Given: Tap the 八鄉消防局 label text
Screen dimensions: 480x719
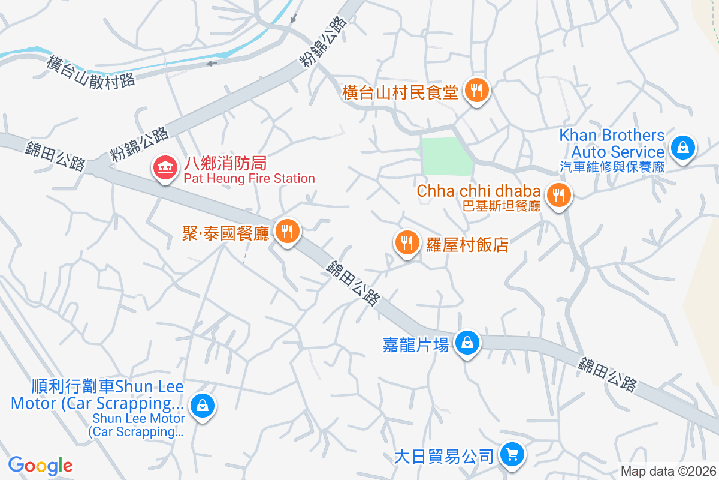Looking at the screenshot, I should (225, 163).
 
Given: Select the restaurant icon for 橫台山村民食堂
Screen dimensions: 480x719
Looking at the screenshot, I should (477, 91).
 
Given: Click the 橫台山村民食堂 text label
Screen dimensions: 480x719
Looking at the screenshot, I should (400, 92).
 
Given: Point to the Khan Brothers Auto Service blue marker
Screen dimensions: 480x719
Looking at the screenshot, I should (682, 146).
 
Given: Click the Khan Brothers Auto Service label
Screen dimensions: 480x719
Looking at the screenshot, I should (612, 143).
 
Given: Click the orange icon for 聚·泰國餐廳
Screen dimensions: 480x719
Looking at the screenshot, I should (288, 230).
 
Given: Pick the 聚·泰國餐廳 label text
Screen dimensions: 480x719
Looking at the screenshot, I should (226, 233).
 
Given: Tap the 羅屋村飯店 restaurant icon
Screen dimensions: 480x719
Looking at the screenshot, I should (407, 242).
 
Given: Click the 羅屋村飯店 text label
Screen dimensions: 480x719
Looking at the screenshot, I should (467, 244).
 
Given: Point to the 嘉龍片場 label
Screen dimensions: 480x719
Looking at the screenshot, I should (416, 345).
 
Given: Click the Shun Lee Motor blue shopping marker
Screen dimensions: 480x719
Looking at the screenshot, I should (203, 406).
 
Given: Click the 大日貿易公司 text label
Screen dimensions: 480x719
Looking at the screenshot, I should (444, 457).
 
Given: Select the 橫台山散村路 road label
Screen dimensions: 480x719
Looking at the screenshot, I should (90, 72).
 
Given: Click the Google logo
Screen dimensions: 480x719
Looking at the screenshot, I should (40, 466).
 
